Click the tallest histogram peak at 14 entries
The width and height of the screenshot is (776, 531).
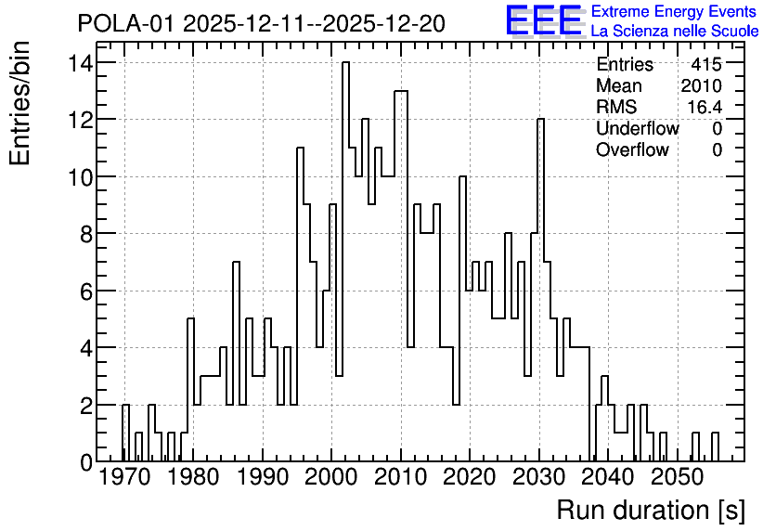pos(345,62)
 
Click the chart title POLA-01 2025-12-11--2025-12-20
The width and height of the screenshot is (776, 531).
pos(262,23)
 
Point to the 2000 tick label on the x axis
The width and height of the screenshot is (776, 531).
pos(330,477)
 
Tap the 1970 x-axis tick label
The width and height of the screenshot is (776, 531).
pos(124,477)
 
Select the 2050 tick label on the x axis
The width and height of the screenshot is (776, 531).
pos(677,477)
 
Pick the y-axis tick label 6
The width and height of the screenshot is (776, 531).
pos(86,291)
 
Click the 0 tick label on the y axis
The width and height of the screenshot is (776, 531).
pos(86,462)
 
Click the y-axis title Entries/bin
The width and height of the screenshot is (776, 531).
pos(19,104)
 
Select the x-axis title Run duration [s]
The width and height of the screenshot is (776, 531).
pos(651,510)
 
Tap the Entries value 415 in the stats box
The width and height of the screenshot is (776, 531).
pos(706,64)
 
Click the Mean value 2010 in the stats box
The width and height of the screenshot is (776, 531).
pos(701,85)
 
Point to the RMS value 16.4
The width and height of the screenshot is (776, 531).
pos(705,107)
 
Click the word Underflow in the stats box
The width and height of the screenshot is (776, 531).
pos(638,128)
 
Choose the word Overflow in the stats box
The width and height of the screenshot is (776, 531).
pos(632,149)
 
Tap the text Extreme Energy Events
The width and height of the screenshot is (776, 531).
pos(674,11)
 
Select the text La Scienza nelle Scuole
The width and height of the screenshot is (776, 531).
pos(675,32)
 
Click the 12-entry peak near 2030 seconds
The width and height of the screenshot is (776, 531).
pos(540,119)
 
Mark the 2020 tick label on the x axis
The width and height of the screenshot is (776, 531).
pos(469,477)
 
